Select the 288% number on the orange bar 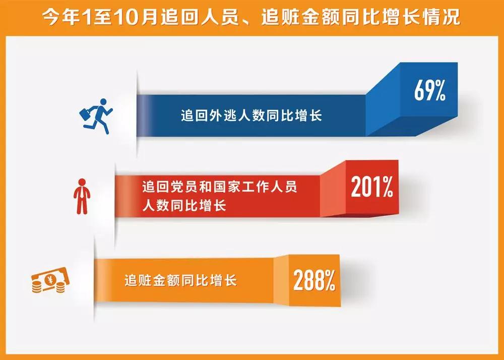[314, 280]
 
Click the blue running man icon [96, 116]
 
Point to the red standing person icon [82, 197]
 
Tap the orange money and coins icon [50, 280]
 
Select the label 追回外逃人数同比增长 [251, 115]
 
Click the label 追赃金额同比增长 [180, 280]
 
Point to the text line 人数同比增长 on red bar [184, 205]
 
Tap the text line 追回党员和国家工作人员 [220, 187]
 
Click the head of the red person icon [82, 182]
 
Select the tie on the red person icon [82, 192]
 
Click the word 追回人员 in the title [200, 17]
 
